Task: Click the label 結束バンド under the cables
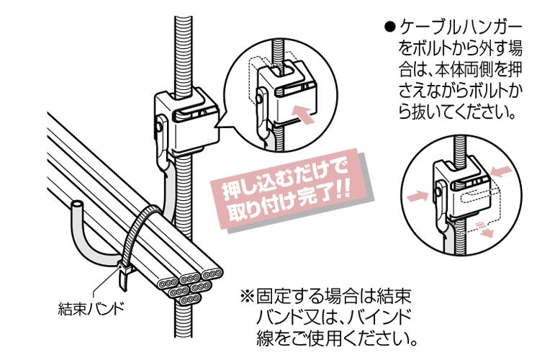click(x=91, y=308)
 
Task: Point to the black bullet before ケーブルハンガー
click(x=389, y=27)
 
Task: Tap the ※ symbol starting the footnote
click(x=247, y=296)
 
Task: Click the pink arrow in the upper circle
click(x=304, y=114)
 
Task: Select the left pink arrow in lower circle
click(x=417, y=197)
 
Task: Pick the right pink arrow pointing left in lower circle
click(x=500, y=171)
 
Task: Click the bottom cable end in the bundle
click(x=189, y=299)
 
